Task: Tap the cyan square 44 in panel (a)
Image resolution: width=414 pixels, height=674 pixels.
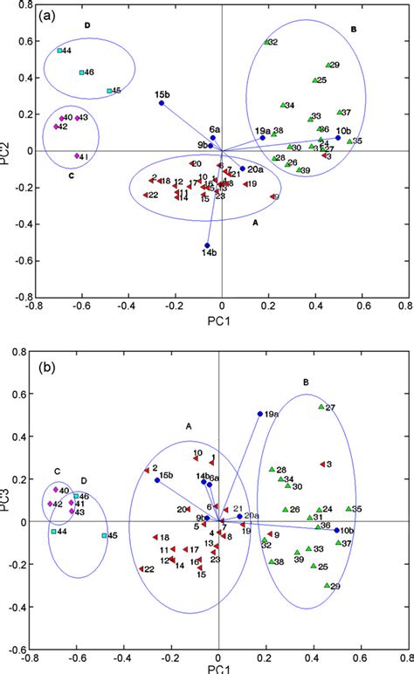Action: coord(59,51)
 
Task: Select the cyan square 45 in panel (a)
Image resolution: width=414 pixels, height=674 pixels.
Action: coord(109,91)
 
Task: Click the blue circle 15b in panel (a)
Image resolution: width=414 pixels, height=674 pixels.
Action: coord(162,103)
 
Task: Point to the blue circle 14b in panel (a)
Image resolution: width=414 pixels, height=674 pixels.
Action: coord(207,245)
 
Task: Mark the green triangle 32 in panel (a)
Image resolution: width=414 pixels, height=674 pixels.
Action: coord(267,42)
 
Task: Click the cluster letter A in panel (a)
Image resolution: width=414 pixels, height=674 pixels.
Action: coord(256,223)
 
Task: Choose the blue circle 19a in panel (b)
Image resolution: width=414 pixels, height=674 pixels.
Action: coord(259,414)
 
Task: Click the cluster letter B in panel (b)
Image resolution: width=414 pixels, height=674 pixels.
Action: coord(306,382)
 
